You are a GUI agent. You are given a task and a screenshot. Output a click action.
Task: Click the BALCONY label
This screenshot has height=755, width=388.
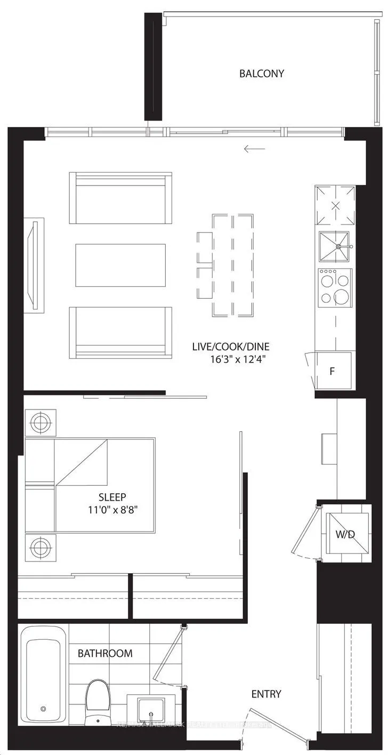click(261, 74)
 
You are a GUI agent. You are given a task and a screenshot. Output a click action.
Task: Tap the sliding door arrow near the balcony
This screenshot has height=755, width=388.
click(254, 149)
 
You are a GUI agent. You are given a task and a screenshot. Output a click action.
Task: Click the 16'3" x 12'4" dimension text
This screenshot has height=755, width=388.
click(238, 359)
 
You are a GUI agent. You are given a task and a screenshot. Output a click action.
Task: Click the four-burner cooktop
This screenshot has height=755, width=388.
click(335, 287)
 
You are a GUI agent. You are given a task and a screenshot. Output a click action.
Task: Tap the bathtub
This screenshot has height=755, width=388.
click(44, 674)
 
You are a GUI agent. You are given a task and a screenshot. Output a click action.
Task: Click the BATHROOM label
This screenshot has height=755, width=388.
click(105, 653)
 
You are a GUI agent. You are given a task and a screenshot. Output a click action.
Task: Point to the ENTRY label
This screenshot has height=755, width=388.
click(266, 694)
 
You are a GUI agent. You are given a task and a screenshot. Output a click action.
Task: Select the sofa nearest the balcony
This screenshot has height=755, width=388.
click(120, 198)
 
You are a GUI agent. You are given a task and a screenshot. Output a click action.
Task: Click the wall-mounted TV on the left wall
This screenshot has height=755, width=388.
click(34, 264)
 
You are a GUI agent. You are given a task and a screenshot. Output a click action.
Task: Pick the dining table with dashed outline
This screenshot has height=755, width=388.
click(232, 264)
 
